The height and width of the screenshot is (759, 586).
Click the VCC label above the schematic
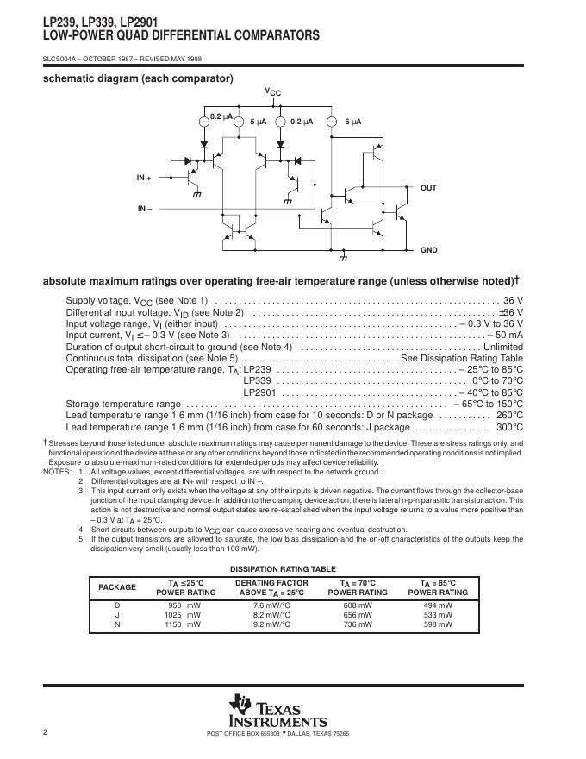pos(272,92)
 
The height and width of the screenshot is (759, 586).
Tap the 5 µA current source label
pos(259,122)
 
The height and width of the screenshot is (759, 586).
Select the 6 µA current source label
pos(352,122)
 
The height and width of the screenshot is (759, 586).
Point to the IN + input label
pos(143,177)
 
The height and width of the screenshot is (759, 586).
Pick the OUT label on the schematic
pos(428,187)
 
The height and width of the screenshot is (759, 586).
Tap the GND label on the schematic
pos(428,250)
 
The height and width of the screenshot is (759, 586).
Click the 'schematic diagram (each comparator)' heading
pos(138,78)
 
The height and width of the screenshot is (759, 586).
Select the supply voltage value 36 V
pos(513,300)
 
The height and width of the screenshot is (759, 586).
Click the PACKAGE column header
pos(117,587)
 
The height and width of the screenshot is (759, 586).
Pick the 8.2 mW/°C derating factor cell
pos(271,615)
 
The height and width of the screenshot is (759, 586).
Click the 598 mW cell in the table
pos(438,624)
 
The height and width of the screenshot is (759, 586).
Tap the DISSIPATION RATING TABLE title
pos(283,568)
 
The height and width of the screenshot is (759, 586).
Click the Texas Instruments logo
pos(277,711)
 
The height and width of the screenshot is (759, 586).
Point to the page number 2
pos(44,732)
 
